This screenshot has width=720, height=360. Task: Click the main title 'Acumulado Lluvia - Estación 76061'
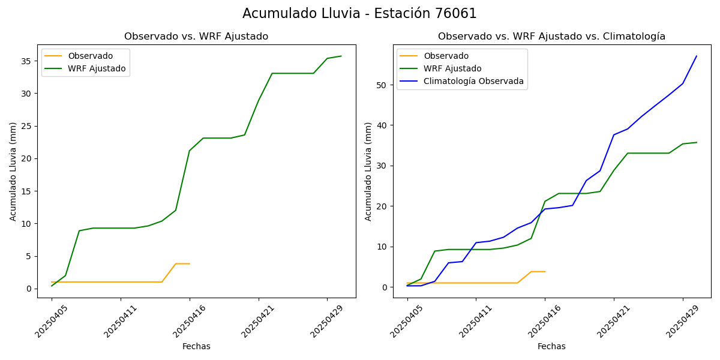359,14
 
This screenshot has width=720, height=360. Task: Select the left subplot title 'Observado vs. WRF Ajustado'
196,37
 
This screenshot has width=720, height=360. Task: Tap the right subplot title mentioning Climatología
551,37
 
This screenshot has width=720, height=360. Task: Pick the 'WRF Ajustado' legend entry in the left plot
97,68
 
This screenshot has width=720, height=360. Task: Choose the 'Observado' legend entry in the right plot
446,56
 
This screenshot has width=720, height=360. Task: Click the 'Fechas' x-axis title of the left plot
196,346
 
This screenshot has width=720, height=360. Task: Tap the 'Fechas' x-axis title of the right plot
551,346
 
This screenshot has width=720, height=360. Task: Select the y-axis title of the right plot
369,172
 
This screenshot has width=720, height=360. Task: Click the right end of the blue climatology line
697,56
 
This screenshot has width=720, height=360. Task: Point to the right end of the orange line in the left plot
190,263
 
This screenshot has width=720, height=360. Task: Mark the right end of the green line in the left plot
341,56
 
